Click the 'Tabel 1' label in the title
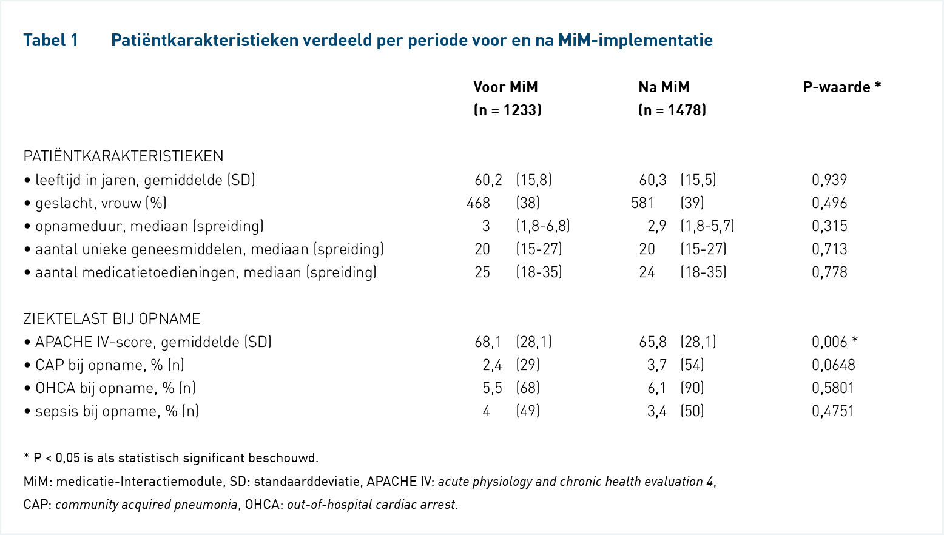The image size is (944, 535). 51,41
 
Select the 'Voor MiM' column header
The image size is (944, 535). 505,87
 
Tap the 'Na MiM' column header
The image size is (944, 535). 664,87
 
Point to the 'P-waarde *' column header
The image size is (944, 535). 842,87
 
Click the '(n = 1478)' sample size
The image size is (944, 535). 672,110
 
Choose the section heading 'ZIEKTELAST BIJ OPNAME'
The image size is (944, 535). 112,319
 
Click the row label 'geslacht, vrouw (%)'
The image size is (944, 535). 101,203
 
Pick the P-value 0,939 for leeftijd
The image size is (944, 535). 829,180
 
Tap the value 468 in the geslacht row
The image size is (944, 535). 478,203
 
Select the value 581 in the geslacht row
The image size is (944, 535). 642,203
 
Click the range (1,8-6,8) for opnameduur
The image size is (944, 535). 543,226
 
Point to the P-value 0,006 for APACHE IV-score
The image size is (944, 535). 829,342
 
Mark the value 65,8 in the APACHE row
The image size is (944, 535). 653,342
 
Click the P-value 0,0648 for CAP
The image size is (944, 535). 834,365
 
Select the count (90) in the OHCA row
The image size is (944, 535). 692,388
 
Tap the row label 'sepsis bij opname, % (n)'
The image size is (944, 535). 116,411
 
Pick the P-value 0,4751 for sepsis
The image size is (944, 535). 833,411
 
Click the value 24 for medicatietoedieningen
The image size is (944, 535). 647,272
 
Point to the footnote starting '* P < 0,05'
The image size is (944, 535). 171,458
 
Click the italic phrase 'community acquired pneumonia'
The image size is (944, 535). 146,505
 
